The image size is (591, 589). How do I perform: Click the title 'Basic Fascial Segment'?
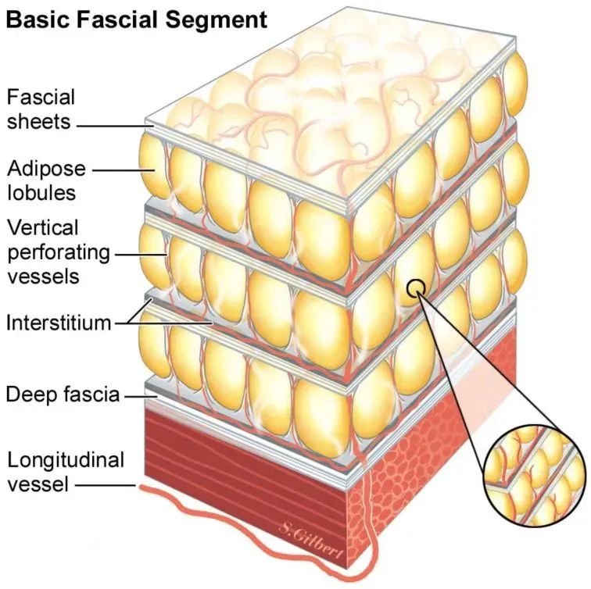click(x=136, y=18)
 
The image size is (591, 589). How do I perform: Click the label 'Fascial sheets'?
click(x=41, y=109)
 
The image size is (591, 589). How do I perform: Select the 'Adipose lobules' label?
click(x=45, y=180)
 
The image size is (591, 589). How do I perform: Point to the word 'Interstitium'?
click(x=59, y=322)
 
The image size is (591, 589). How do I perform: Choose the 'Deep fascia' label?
click(x=63, y=394)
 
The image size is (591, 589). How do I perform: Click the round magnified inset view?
click(x=533, y=476)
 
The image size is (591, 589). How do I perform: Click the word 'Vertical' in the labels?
click(x=43, y=227)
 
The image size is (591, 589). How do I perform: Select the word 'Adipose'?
click(x=46, y=168)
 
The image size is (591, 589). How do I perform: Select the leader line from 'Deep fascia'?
click(x=138, y=395)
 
